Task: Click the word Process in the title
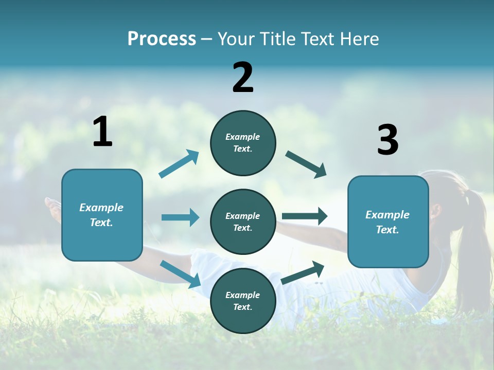162,39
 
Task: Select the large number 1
102,132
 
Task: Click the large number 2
243,78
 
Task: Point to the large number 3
387,140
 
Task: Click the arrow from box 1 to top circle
179,164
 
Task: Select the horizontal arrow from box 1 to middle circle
180,217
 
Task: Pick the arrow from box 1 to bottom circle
180,274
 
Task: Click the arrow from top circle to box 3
306,164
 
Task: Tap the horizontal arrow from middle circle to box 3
304,216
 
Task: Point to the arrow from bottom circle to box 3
303,272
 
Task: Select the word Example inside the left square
101,208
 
